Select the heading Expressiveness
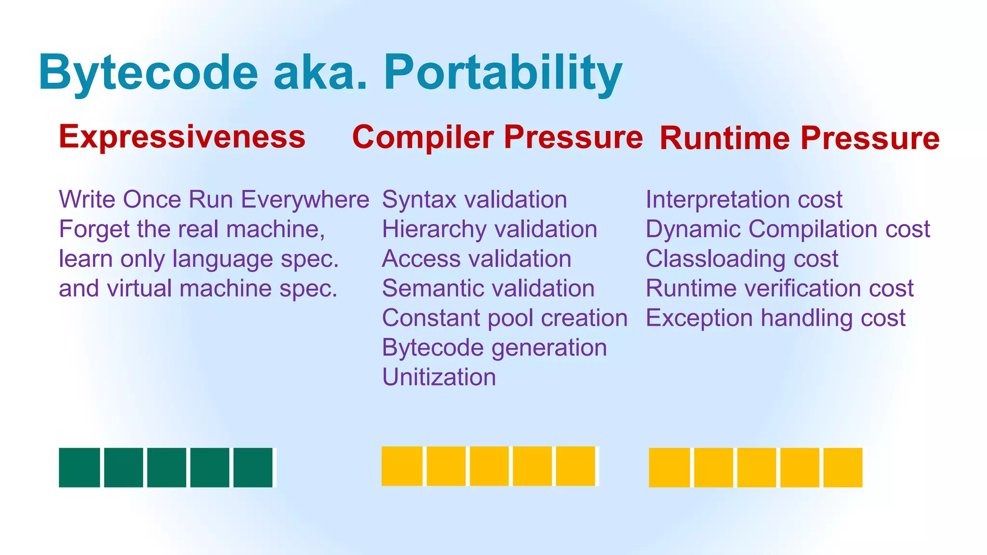(x=182, y=136)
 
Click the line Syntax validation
(x=474, y=199)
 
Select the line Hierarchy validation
(x=489, y=229)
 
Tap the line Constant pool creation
(x=505, y=318)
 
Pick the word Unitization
(x=439, y=377)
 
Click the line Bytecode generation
(x=494, y=347)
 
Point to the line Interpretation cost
(x=744, y=199)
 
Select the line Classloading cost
(x=742, y=259)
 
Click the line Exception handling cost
(x=775, y=318)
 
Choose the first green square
(x=80, y=467)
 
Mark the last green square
(x=253, y=467)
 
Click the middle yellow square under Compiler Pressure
(x=489, y=466)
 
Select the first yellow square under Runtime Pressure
(x=669, y=467)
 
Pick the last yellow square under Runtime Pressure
(x=842, y=467)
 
